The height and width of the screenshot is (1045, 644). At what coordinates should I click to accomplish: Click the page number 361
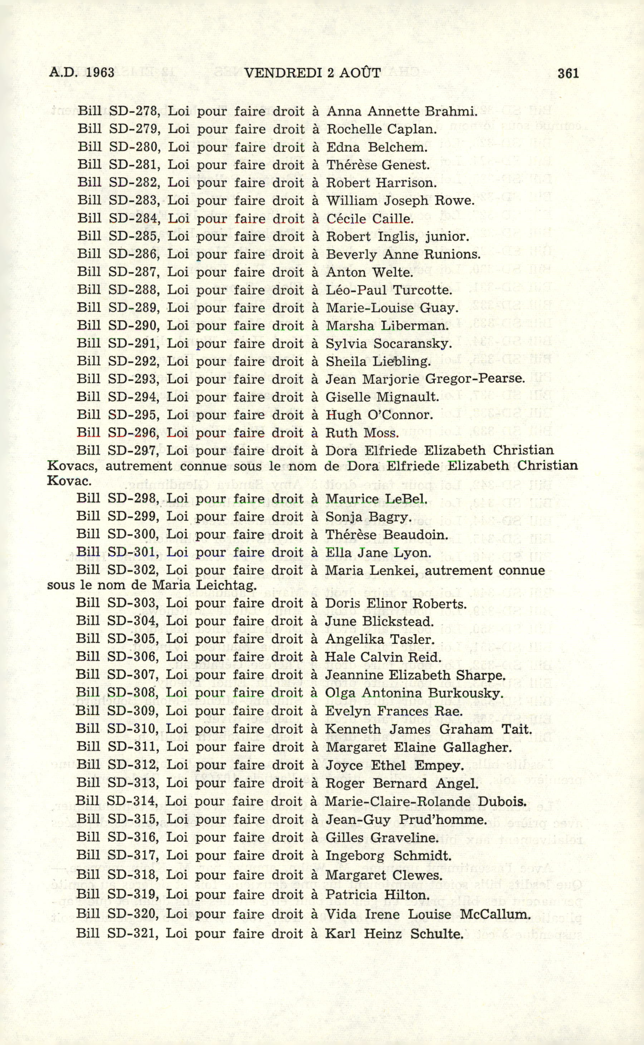coord(568,73)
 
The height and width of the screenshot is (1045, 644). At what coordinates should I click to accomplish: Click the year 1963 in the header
coord(100,73)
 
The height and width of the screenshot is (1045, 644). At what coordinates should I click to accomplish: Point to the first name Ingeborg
coord(354,855)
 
